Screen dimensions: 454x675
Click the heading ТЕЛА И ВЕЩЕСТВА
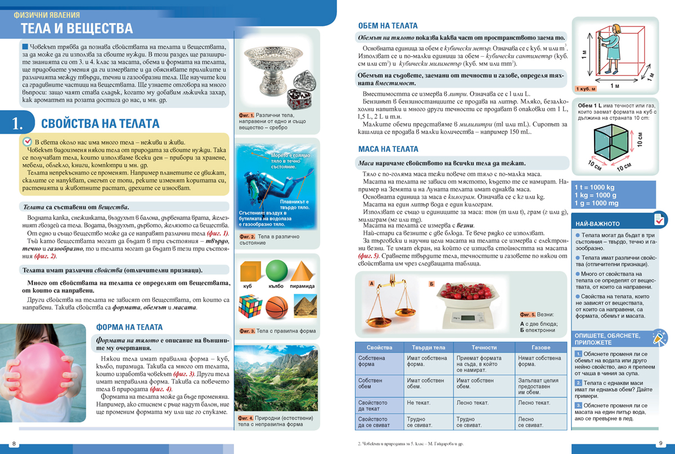(x=76, y=29)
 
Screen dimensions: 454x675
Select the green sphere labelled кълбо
(x=277, y=271)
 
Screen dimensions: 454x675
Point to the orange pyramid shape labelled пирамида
(x=303, y=271)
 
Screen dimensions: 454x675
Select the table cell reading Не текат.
(x=418, y=403)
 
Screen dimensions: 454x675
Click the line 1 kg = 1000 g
(x=595, y=195)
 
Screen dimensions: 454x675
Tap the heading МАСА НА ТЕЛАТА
(x=388, y=150)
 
